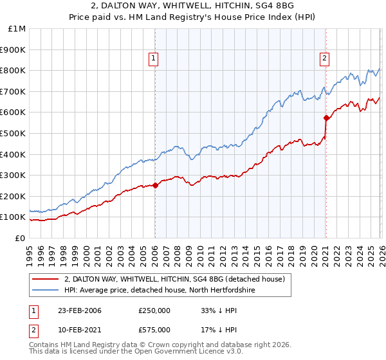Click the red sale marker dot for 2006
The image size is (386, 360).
tap(155, 186)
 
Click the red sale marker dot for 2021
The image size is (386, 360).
tap(326, 118)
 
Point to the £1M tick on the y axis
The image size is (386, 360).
tap(17, 29)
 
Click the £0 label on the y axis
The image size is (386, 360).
tap(20, 238)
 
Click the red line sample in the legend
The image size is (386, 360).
tap(46, 279)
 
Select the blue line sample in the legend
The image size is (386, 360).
tap(46, 290)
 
